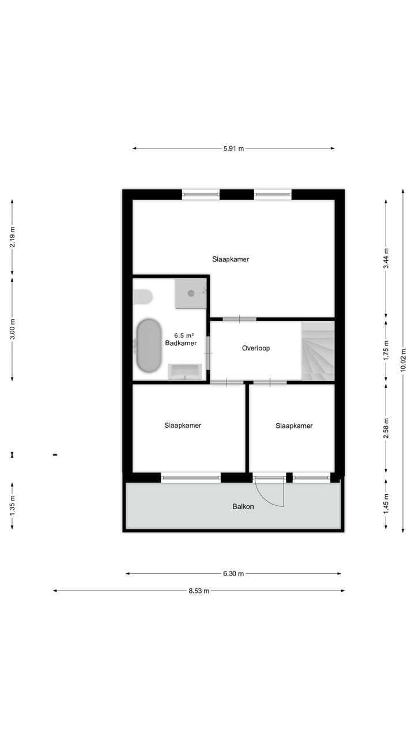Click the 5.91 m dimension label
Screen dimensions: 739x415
coord(233,148)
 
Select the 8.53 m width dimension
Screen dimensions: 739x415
coord(199,591)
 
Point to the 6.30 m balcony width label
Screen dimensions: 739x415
coord(233,573)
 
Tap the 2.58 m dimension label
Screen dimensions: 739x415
coord(387,428)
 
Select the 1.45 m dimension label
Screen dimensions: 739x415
coord(387,503)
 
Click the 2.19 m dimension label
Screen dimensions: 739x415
coord(12,237)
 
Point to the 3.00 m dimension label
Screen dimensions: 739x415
coord(12,329)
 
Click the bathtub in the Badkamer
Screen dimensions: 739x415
coord(148,345)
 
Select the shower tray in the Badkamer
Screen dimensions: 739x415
coord(191,293)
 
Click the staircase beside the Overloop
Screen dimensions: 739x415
coord(318,351)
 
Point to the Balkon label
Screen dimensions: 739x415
coord(243,506)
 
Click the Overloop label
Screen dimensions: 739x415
coord(256,348)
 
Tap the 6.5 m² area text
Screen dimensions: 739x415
coord(184,335)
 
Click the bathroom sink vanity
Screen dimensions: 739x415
coord(185,372)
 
